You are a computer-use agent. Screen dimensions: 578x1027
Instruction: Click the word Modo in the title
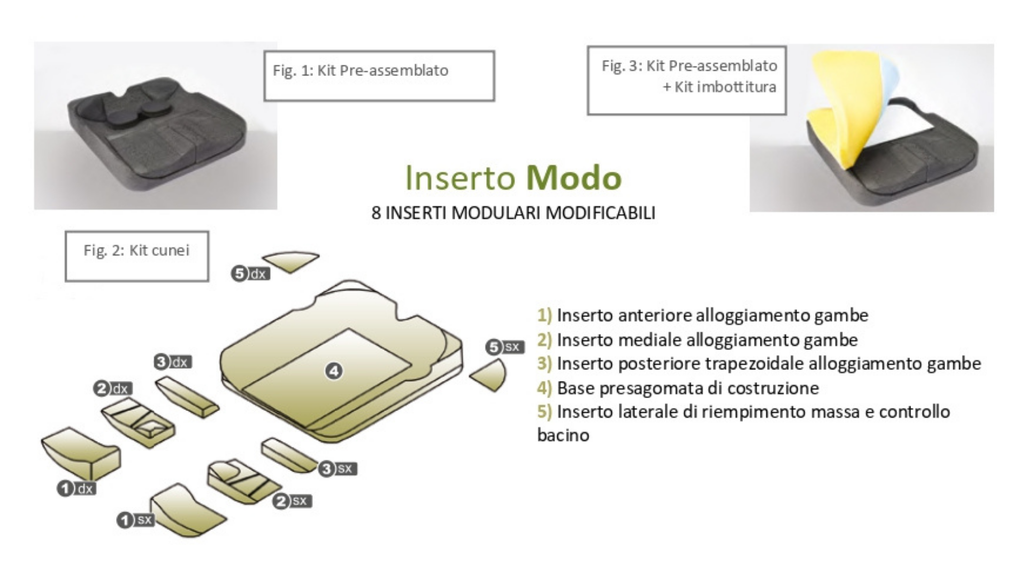click(574, 178)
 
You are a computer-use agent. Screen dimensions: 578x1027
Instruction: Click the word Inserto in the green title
click(460, 178)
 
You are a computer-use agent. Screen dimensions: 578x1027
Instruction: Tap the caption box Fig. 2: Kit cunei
click(136, 256)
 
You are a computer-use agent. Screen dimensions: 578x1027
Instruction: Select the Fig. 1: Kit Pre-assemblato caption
click(379, 75)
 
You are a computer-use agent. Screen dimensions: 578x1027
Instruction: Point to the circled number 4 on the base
click(334, 371)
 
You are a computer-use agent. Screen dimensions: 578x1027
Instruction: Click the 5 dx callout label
click(250, 273)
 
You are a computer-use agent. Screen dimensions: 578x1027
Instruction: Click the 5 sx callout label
click(505, 347)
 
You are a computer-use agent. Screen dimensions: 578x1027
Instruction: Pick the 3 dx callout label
click(173, 362)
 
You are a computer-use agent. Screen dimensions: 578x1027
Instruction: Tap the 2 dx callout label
click(113, 388)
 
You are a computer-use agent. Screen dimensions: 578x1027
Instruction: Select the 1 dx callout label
click(76, 488)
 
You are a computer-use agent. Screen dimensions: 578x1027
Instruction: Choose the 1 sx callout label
click(136, 520)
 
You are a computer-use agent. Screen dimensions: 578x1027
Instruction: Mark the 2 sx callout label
click(292, 501)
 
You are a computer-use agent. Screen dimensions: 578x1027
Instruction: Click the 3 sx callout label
click(338, 469)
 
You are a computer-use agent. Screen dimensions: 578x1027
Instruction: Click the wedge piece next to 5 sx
click(489, 375)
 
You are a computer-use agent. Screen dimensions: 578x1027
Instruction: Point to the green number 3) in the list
click(545, 363)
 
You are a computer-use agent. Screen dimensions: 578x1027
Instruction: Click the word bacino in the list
click(563, 435)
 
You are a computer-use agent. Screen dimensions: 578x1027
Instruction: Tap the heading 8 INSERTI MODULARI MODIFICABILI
click(513, 213)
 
